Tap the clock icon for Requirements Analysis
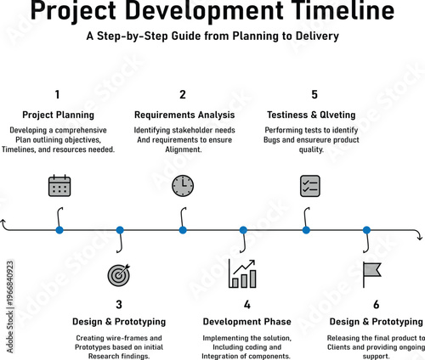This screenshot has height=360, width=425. [183, 186]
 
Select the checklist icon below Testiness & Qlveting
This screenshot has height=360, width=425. [309, 186]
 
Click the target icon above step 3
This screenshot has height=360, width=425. [120, 275]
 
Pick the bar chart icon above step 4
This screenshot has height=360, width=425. [242, 273]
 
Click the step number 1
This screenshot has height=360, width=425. [57, 95]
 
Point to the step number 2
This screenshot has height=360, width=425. [182, 95]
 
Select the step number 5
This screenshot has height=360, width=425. [314, 95]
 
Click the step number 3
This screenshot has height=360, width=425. [119, 304]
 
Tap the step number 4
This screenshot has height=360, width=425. [246, 304]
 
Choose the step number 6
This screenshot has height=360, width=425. [376, 304]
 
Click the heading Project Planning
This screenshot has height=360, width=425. [58, 115]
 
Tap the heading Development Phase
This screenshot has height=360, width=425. [246, 322]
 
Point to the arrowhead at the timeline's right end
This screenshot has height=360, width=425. [419, 235]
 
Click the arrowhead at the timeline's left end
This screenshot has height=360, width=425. [6, 223]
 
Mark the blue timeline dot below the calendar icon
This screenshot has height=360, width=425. [59, 229]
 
